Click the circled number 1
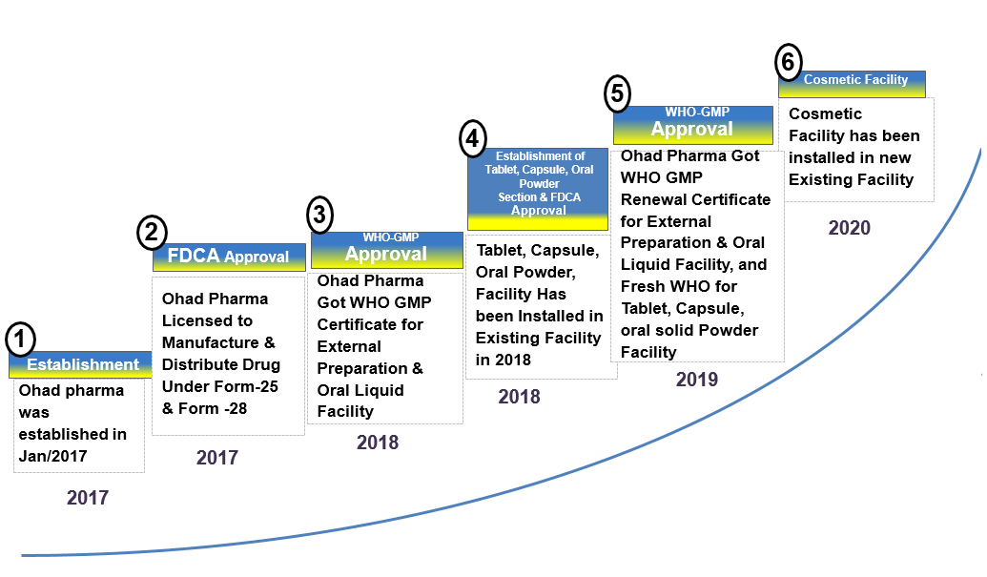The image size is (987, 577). (x=20, y=340)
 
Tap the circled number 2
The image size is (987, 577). (x=152, y=232)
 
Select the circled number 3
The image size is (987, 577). (x=319, y=215)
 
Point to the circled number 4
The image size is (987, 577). (x=473, y=138)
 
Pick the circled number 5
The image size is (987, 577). (x=618, y=93)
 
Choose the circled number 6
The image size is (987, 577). (x=788, y=62)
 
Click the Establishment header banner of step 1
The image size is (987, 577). (x=80, y=364)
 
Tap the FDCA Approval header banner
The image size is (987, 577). (x=229, y=257)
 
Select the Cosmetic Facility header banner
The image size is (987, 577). (x=852, y=84)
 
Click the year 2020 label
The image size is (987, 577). (x=849, y=228)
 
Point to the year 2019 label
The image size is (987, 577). (x=697, y=380)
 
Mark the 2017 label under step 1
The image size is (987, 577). (x=88, y=498)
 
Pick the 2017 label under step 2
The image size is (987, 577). (x=217, y=458)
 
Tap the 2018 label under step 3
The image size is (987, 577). (x=378, y=443)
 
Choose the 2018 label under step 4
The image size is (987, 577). (x=520, y=397)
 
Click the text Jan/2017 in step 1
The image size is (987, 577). (x=52, y=456)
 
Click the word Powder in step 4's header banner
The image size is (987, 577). (x=539, y=184)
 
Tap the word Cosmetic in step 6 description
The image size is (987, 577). (x=825, y=113)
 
